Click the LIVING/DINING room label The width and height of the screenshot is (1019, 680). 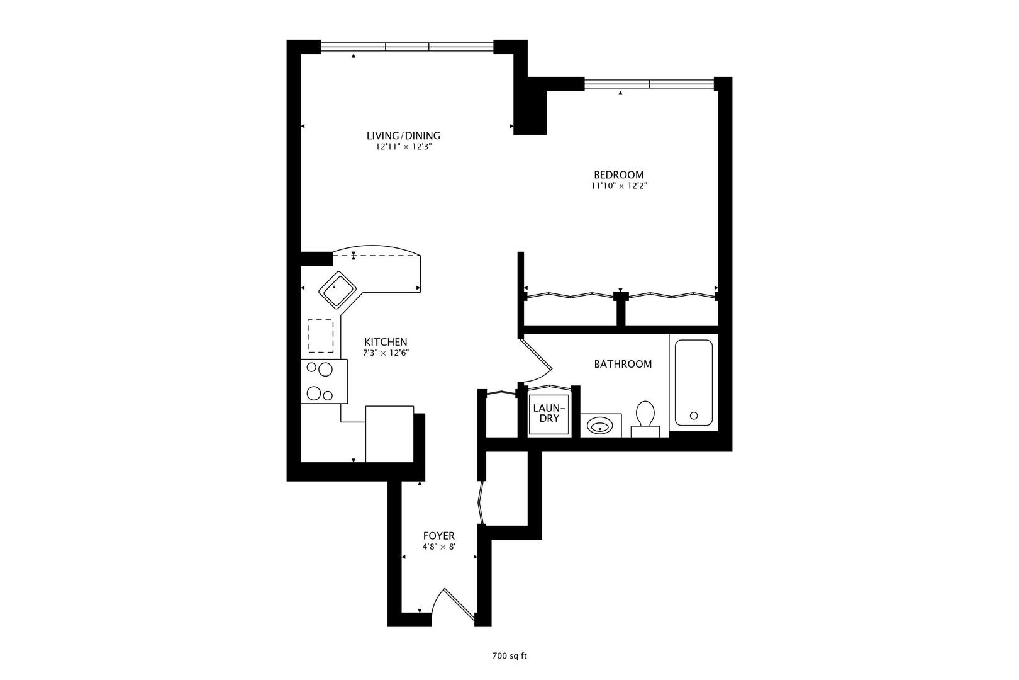pyautogui.click(x=403, y=135)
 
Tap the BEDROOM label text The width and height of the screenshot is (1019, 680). pyautogui.click(x=618, y=174)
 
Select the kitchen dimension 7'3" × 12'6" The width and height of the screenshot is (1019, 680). pyautogui.click(x=386, y=353)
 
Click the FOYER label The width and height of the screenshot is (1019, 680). pyautogui.click(x=438, y=536)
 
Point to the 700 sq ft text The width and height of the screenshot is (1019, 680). pyautogui.click(x=509, y=656)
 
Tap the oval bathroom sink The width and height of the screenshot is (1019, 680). pyautogui.click(x=600, y=427)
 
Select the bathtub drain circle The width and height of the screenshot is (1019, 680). pyautogui.click(x=694, y=416)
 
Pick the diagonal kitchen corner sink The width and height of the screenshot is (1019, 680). pyautogui.click(x=338, y=290)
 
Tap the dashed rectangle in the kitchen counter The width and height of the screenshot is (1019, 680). pyautogui.click(x=321, y=336)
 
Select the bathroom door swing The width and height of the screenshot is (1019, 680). pyautogui.click(x=537, y=362)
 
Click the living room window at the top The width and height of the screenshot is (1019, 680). pyautogui.click(x=407, y=46)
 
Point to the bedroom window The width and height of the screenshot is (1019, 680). pyautogui.click(x=649, y=83)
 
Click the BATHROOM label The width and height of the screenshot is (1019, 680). pyautogui.click(x=623, y=364)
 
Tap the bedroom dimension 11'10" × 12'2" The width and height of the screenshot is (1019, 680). pyautogui.click(x=618, y=186)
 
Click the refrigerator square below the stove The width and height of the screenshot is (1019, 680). pyautogui.click(x=389, y=434)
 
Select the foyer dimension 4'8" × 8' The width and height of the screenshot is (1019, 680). pyautogui.click(x=438, y=547)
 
